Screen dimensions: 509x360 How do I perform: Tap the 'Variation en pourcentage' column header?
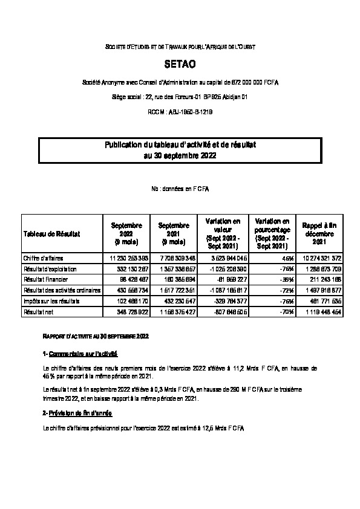pos(272,233)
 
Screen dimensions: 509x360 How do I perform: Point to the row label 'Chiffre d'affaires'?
pos(43,258)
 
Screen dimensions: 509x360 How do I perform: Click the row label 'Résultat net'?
pos(38,311)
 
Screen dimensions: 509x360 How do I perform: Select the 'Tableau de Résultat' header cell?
pos(52,233)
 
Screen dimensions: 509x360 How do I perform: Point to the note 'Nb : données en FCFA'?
pos(180,189)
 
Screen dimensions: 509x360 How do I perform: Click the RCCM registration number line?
pos(180,112)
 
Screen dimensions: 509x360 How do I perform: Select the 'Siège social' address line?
pos(180,97)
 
